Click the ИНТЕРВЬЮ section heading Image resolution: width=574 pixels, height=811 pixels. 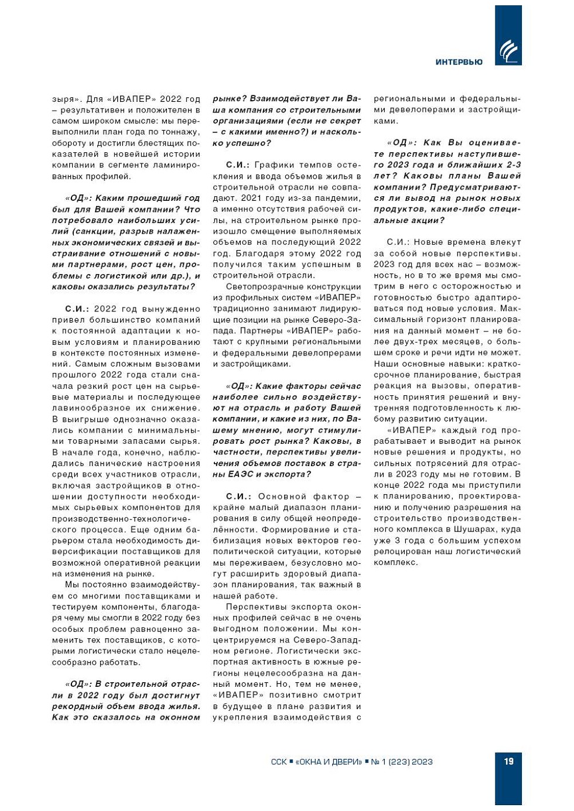(x=459, y=62)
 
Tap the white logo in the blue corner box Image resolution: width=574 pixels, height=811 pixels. (x=508, y=52)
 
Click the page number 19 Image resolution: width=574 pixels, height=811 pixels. (x=508, y=761)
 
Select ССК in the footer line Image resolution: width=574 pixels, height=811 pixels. (x=279, y=762)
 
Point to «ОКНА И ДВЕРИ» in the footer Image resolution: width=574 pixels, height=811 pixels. (x=329, y=762)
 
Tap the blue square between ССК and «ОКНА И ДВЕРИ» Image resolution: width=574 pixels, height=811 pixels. (x=291, y=761)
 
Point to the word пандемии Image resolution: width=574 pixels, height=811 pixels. (x=340, y=199)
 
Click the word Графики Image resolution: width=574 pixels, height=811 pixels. (x=275, y=165)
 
